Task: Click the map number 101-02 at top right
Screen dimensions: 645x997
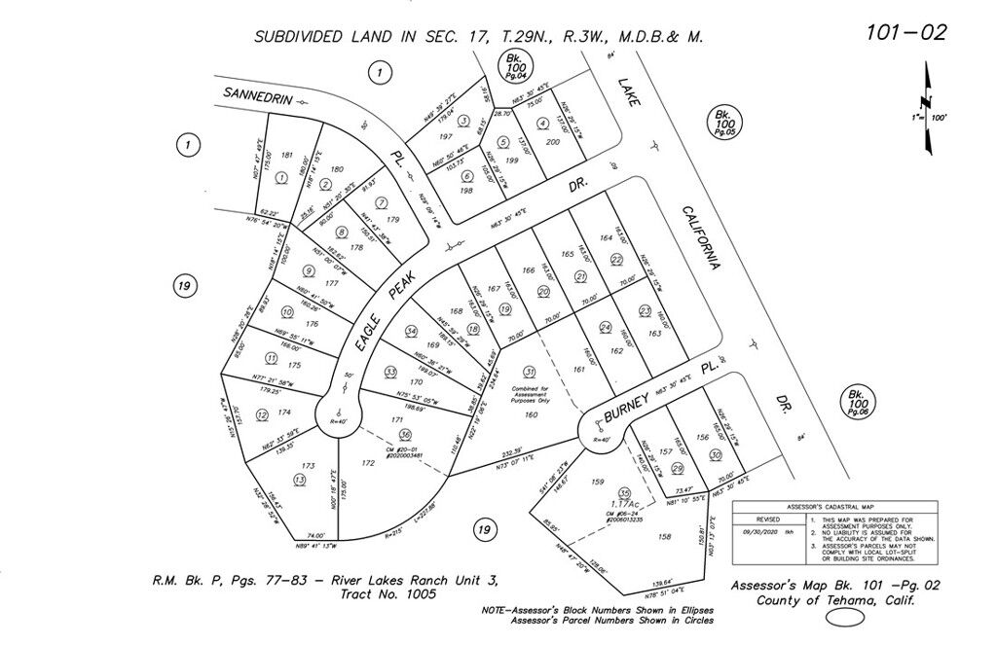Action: [x=905, y=32]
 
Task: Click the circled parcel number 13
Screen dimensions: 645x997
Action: [x=299, y=480]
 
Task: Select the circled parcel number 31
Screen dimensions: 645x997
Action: [x=530, y=372]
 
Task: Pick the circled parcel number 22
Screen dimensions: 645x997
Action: [x=616, y=260]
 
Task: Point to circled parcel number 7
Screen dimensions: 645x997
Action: [x=382, y=202]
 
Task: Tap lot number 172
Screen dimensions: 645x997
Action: [x=368, y=464]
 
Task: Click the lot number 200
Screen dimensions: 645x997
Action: [x=553, y=142]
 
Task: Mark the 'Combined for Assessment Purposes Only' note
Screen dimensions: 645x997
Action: [x=530, y=394]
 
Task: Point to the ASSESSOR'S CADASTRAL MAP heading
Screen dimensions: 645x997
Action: [x=834, y=507]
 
